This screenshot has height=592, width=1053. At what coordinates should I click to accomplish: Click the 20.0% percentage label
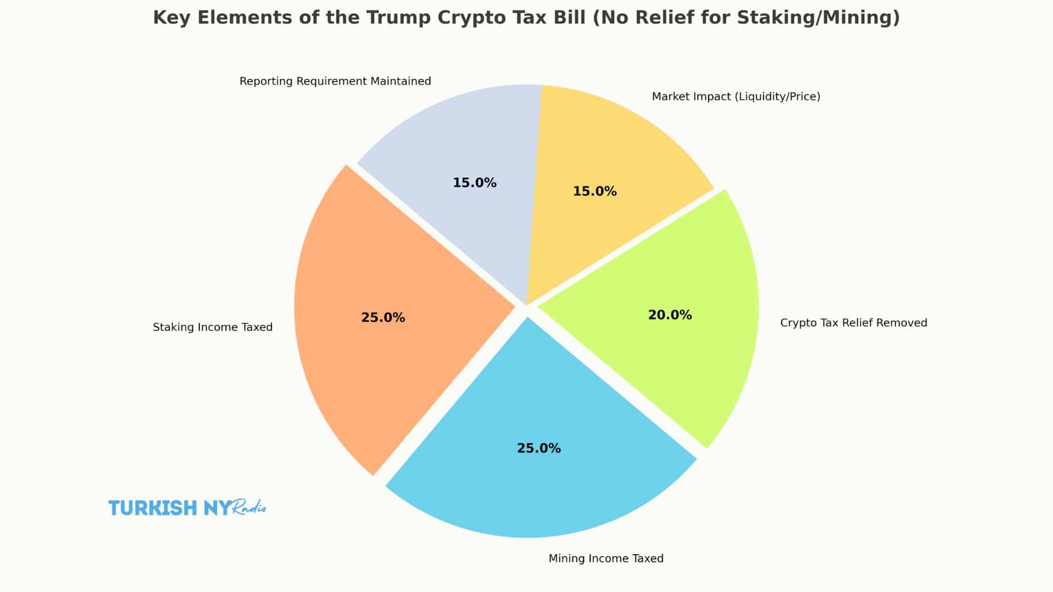(670, 315)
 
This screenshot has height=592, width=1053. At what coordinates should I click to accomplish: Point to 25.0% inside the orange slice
(383, 318)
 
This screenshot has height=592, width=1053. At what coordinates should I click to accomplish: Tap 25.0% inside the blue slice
(539, 448)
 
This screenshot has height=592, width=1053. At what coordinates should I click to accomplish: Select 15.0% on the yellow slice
(595, 191)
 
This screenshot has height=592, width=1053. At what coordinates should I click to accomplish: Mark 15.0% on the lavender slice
(474, 183)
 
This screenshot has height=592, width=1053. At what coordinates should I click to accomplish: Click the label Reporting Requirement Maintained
(335, 82)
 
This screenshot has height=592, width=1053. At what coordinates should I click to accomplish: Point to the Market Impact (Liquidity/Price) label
(735, 97)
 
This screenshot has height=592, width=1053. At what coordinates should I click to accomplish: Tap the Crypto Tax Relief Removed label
(853, 323)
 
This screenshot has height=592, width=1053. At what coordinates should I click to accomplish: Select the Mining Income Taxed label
(605, 559)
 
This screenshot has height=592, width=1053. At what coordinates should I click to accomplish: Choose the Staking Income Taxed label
(212, 327)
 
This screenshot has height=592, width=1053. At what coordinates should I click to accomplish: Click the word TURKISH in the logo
(152, 508)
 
